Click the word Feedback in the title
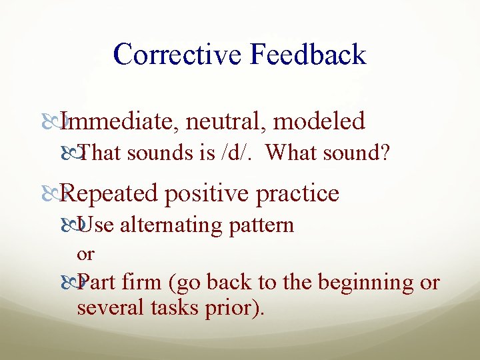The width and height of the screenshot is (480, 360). point(308,55)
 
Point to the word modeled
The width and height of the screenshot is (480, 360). point(319,121)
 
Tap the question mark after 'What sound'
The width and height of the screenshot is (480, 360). point(385,153)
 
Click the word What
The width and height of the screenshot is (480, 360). point(291,153)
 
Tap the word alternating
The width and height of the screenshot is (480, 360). point(171,225)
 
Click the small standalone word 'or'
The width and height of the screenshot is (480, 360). point(85,254)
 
